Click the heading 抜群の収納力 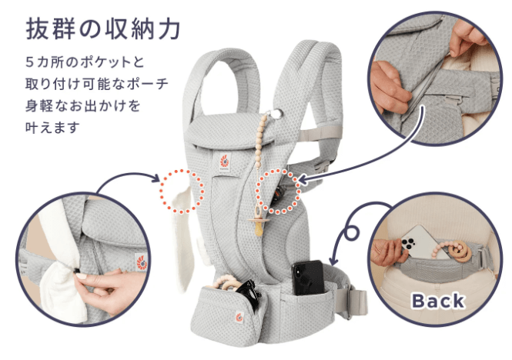tap(103, 29)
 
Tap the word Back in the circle tap(438, 301)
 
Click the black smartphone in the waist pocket tap(308, 278)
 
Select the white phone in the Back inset tap(421, 242)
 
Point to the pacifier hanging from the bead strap tap(259, 223)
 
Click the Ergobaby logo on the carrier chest tap(224, 162)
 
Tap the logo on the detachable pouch tap(239, 318)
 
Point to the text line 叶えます tap(52, 127)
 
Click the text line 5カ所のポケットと tap(85, 62)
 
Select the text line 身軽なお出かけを tap(83, 105)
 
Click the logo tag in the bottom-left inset tap(142, 262)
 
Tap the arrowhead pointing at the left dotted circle tap(157, 178)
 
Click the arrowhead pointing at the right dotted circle tap(303, 180)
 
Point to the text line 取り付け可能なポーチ tap(97, 84)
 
